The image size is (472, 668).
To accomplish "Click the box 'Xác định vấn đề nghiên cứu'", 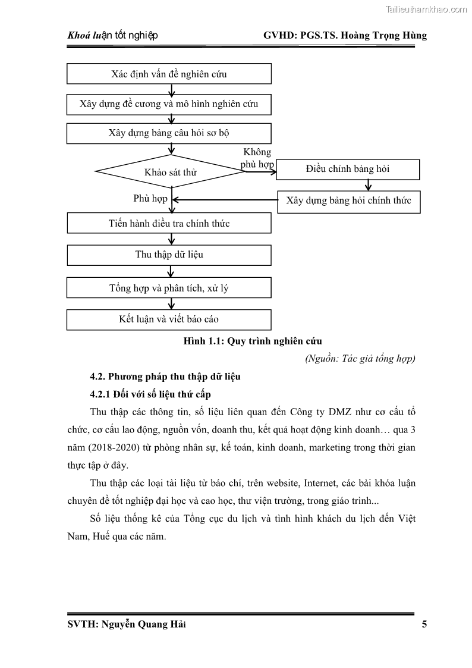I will [x=169, y=74].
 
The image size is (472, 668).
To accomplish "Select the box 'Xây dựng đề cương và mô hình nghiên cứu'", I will [x=169, y=104].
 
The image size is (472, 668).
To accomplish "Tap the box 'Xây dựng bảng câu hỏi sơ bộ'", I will [x=169, y=133].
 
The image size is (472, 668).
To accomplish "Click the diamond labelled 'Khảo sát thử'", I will [x=171, y=172].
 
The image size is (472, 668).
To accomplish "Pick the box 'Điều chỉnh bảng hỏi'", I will [x=348, y=169].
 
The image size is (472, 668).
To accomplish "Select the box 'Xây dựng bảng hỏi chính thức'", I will [x=348, y=201].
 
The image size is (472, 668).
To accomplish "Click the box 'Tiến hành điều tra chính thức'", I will [x=169, y=224].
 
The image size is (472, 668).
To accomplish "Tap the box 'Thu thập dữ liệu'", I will [x=169, y=255].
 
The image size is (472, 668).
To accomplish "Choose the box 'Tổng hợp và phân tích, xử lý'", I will [x=169, y=288].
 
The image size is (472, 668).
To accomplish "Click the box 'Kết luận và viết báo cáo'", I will [x=169, y=319].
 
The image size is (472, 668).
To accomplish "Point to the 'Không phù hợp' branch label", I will [x=257, y=158].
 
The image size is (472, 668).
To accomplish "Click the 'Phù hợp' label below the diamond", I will [x=150, y=199].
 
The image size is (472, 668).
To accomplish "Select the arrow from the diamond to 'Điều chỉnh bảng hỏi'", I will [x=262, y=171].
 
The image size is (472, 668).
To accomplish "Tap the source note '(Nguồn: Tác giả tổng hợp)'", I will [x=360, y=359].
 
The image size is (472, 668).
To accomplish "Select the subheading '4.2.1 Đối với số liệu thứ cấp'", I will [x=150, y=394].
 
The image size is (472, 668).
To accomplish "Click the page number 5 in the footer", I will [x=424, y=624].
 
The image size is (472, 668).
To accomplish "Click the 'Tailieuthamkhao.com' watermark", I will [x=426, y=9].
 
